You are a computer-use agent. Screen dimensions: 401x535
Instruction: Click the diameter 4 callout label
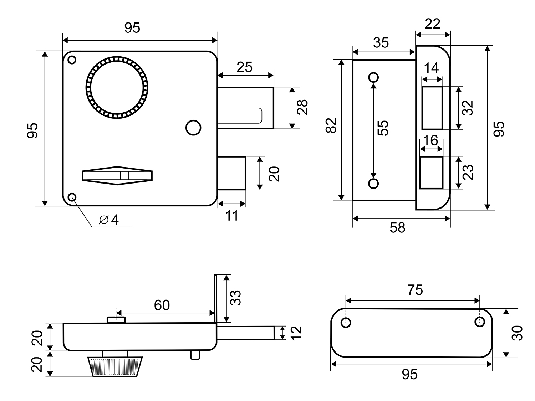[x=109, y=220]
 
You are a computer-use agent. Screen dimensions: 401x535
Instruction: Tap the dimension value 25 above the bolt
[x=245, y=67]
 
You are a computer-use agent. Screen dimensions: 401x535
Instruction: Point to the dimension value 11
[x=231, y=215]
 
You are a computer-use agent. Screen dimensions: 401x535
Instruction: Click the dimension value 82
[x=331, y=125]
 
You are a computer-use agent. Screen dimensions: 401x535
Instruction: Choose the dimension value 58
[x=397, y=227]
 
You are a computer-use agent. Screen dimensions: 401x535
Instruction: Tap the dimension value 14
[x=431, y=68]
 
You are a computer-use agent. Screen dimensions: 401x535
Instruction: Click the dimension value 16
[x=431, y=140]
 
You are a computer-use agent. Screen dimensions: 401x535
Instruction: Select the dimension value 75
[x=415, y=290]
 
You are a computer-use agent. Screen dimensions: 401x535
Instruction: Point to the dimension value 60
[x=162, y=305]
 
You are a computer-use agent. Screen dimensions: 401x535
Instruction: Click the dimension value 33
[x=235, y=298]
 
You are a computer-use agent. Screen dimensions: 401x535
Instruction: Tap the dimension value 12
[x=296, y=333]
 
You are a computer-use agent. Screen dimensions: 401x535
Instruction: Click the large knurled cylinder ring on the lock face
[x=117, y=87]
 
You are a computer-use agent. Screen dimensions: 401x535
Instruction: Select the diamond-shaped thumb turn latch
[x=117, y=175]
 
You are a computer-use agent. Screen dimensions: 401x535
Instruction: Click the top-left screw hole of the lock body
[x=72, y=60]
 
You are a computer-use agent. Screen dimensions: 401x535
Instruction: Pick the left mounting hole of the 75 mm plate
[x=346, y=322]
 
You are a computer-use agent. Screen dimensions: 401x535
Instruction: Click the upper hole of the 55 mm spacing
[x=373, y=77]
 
